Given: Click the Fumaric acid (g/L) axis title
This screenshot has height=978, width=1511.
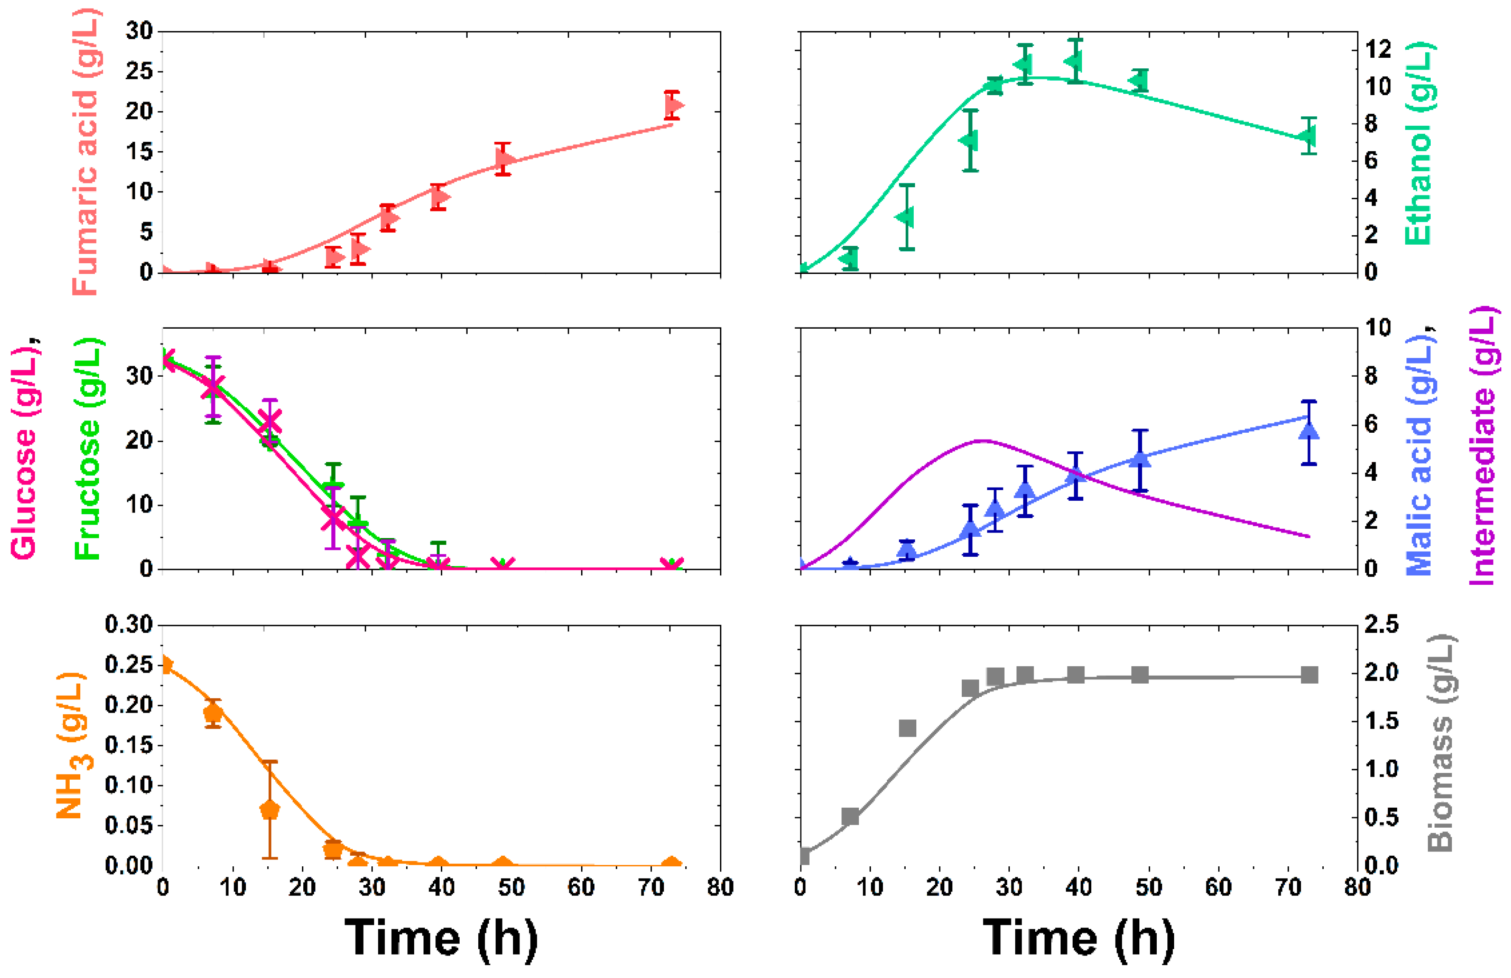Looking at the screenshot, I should click(86, 152).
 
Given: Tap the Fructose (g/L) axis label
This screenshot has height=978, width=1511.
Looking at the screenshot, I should click(88, 448).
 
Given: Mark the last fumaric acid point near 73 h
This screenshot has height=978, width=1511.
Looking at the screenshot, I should click(674, 105).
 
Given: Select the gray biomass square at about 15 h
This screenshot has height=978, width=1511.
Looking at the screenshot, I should click(907, 728).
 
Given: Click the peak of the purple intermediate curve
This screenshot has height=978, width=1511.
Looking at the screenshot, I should click(982, 440).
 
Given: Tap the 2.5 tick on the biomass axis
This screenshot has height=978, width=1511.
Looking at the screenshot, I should click(1381, 625).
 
